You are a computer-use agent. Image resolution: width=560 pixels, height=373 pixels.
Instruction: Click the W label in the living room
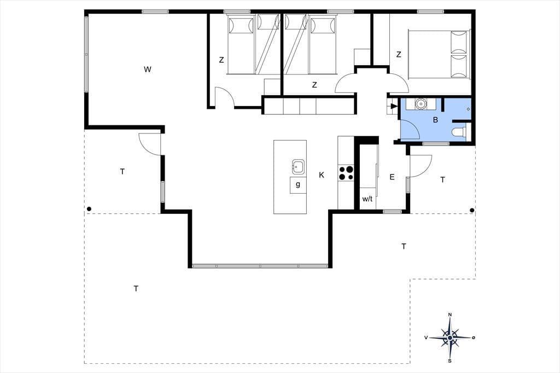[x=147, y=69]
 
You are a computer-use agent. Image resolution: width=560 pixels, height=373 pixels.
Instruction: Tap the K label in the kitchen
[x=322, y=175]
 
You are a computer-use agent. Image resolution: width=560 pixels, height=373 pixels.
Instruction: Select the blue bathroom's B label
[x=435, y=120]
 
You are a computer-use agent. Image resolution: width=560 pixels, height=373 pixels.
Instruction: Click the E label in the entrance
[x=392, y=177]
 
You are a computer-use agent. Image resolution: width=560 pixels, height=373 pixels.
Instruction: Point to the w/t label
[x=367, y=199]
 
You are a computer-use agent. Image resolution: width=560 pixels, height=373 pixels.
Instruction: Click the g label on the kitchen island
[x=298, y=185]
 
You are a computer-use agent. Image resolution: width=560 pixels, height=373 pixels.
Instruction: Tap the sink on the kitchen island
[x=298, y=166]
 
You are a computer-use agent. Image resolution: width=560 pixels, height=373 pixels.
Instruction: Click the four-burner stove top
[x=346, y=173]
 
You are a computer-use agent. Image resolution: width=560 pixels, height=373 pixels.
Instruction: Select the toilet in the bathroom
[x=459, y=132]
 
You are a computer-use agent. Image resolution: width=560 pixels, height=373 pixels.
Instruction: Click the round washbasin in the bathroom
[x=421, y=104]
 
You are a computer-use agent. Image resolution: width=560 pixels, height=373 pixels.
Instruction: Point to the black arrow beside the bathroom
[x=393, y=106]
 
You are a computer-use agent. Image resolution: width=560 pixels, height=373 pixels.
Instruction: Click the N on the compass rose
[x=450, y=314]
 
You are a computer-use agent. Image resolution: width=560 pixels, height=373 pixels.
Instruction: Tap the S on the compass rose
[x=450, y=361]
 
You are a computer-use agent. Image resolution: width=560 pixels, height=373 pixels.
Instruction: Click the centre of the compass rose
[x=450, y=337]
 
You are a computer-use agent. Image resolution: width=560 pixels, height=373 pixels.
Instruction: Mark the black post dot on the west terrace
[x=89, y=209]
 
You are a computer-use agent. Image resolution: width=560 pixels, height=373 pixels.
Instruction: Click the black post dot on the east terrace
[x=472, y=211]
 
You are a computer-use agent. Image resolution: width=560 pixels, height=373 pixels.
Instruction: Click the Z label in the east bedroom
[x=399, y=55]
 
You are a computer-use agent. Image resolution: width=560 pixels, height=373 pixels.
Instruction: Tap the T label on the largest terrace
[x=136, y=289]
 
